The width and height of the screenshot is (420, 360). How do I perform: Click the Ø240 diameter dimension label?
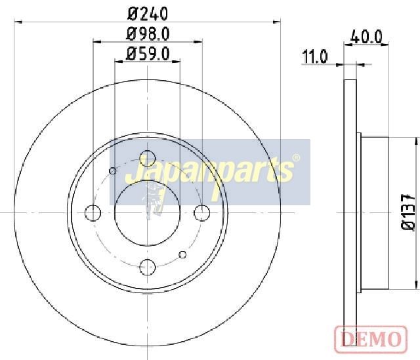[148, 14]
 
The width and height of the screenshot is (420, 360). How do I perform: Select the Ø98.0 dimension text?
[148, 34]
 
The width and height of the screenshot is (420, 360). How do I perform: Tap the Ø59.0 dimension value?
[148, 54]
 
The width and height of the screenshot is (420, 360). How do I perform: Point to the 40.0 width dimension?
[366, 37]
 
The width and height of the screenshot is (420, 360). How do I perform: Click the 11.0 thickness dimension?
[315, 56]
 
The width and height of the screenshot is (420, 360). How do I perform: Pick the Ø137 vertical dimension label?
[408, 212]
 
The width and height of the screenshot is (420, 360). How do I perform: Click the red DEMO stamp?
[371, 339]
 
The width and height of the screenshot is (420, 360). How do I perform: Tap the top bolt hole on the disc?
[148, 158]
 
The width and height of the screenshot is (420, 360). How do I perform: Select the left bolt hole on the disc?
[93, 213]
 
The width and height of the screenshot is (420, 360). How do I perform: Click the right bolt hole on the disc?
[202, 213]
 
